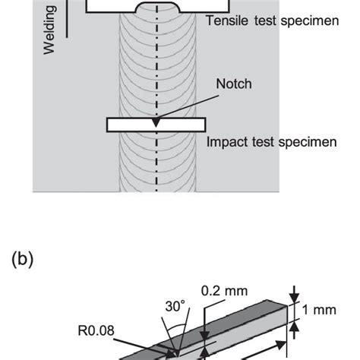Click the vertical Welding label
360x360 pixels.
tap(50, 30)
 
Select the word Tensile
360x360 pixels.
tap(226, 21)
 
